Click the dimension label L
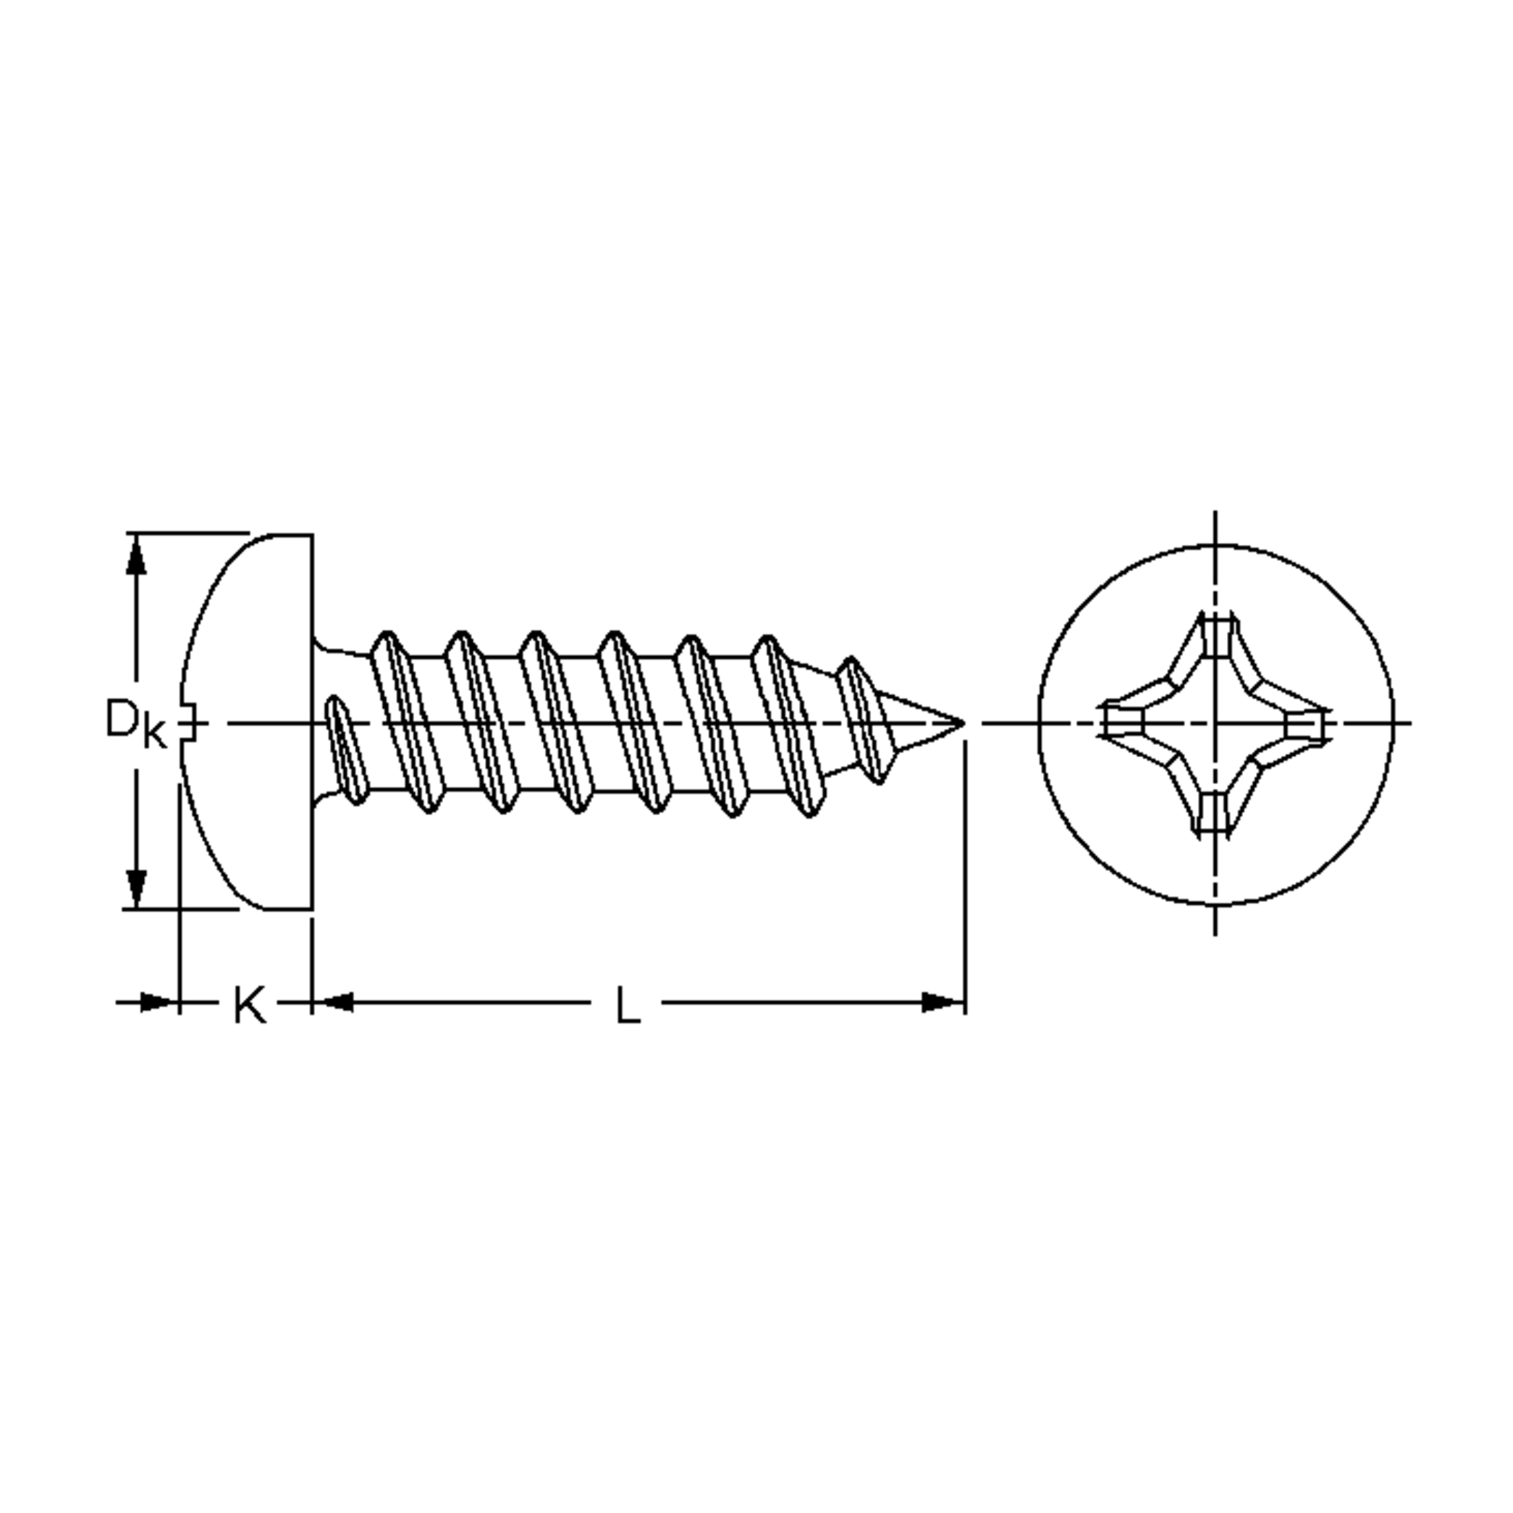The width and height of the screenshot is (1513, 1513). click(628, 1006)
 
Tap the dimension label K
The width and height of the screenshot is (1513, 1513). click(250, 1006)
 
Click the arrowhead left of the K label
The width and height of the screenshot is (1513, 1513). click(156, 1002)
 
